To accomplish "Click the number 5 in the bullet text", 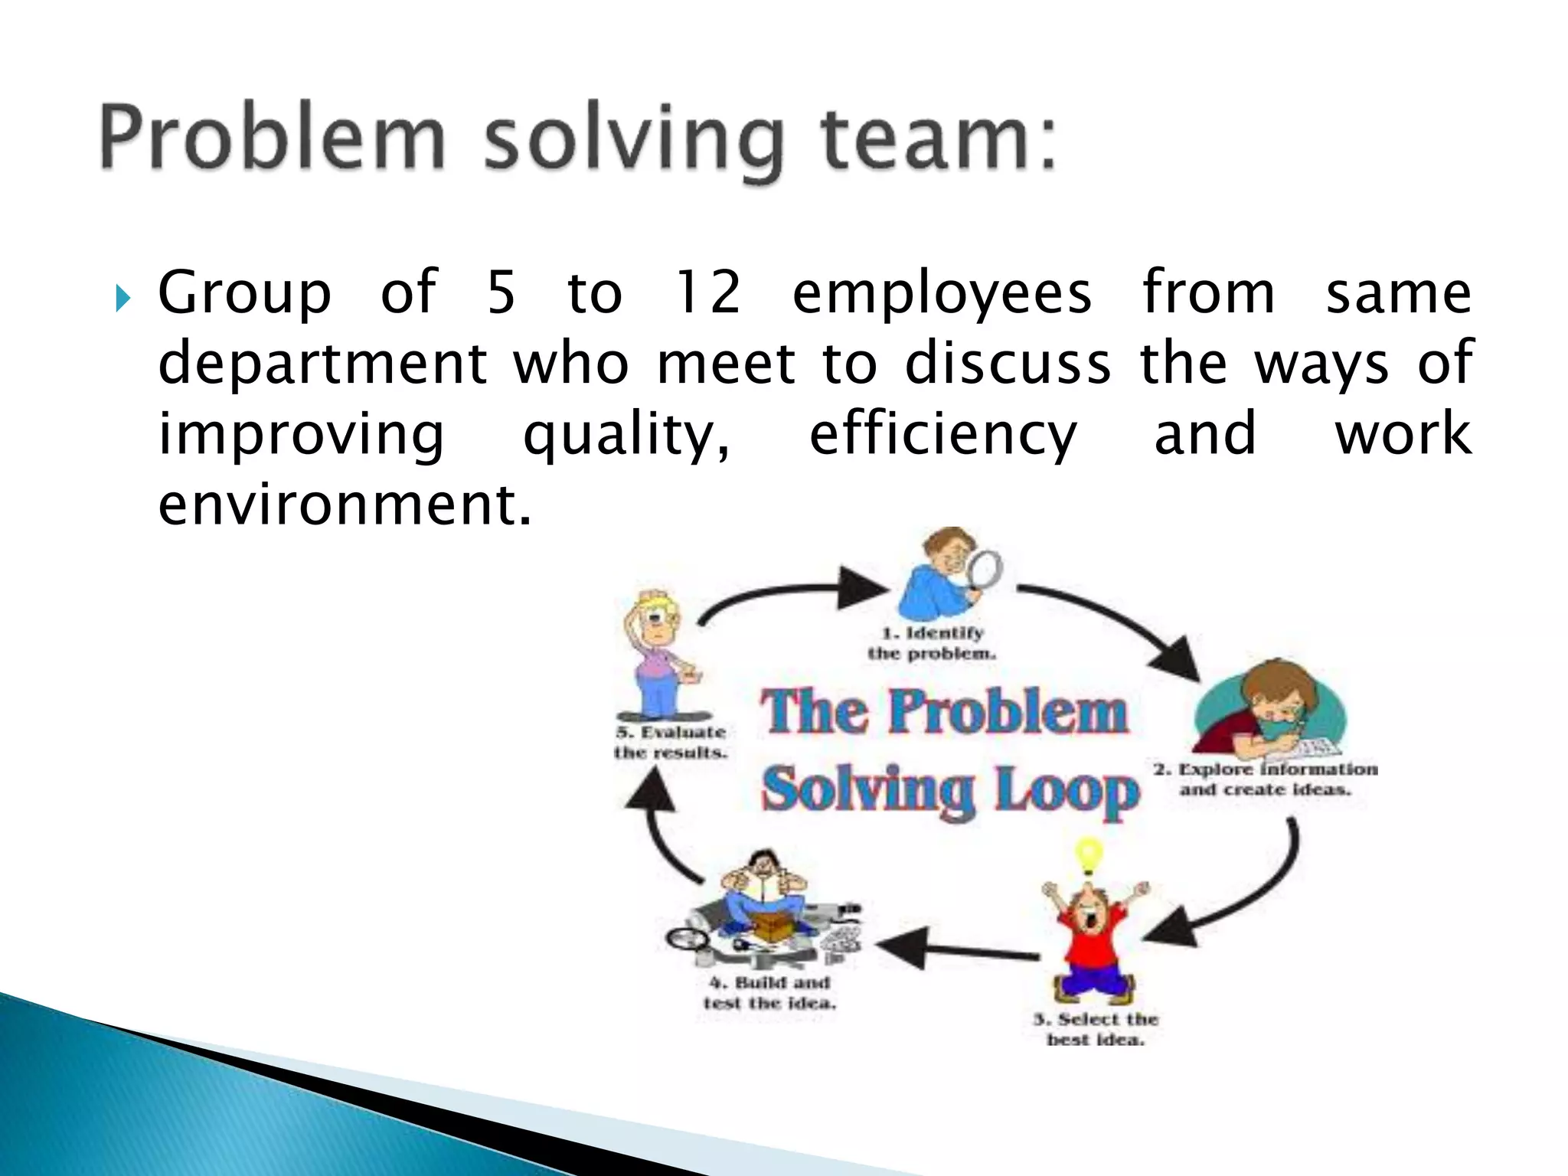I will (x=501, y=292).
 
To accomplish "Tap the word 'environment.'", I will (x=345, y=505).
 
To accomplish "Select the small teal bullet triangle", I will (x=123, y=297).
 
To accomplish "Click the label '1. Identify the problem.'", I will (x=932, y=643).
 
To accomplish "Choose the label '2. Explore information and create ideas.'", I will (x=1265, y=779).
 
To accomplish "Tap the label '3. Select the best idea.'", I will (x=1096, y=1029).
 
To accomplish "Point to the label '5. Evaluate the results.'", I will (x=671, y=742).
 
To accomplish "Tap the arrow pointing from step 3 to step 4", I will (x=957, y=949).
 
